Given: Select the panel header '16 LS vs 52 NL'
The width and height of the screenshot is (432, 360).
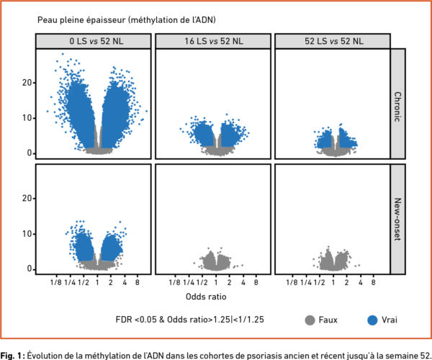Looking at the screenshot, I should click(212, 41).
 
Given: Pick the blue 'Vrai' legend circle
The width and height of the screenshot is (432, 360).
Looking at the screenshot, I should click(372, 319).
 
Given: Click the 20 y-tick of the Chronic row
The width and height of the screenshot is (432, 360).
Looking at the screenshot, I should click(26, 83).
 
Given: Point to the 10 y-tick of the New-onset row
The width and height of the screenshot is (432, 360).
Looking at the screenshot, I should click(26, 234).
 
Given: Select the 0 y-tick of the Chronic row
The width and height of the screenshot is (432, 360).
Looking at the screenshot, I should click(28, 153).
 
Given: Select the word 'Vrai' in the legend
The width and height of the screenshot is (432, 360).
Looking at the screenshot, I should click(393, 319).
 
